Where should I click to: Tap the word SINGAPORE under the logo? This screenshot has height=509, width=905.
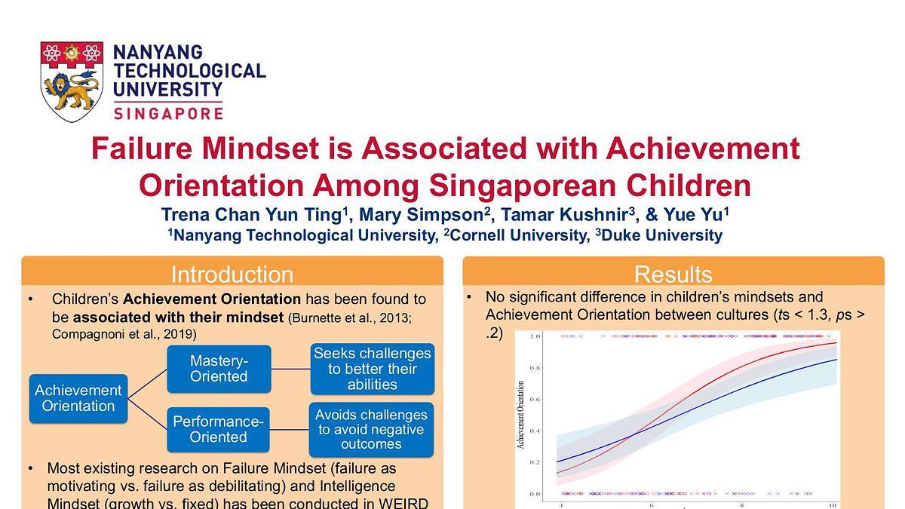(168, 113)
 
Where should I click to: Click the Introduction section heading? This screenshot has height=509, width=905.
(232, 274)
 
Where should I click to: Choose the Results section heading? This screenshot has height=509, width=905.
(673, 274)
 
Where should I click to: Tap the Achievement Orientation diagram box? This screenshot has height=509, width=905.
(78, 398)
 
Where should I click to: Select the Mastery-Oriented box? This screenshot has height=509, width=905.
(219, 369)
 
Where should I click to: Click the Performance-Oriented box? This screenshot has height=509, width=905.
(219, 429)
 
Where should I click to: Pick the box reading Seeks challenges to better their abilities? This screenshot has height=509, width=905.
(372, 369)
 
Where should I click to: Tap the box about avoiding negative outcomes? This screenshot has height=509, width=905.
(372, 429)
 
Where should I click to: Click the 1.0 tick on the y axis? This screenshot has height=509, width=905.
(534, 336)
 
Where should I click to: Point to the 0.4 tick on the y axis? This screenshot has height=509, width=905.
(534, 431)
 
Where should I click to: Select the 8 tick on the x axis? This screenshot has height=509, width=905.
(742, 504)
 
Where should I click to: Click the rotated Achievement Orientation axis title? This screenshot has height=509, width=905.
(520, 414)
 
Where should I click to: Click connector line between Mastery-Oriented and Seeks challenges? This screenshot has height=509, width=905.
(290, 369)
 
